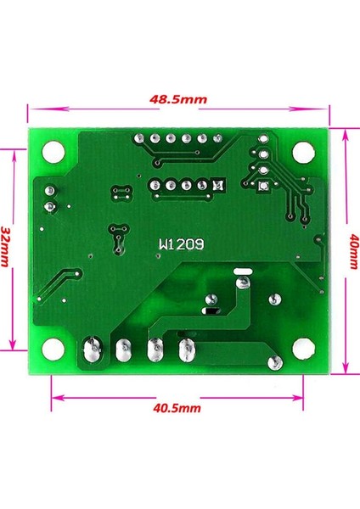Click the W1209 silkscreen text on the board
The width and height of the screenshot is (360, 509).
tap(180, 243)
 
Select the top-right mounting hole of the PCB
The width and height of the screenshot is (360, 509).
tap(301, 152)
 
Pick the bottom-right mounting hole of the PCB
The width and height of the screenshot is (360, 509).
tap(302, 349)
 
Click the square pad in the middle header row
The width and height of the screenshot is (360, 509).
tap(219, 184)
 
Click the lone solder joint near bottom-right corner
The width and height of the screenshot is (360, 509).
tap(273, 364)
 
